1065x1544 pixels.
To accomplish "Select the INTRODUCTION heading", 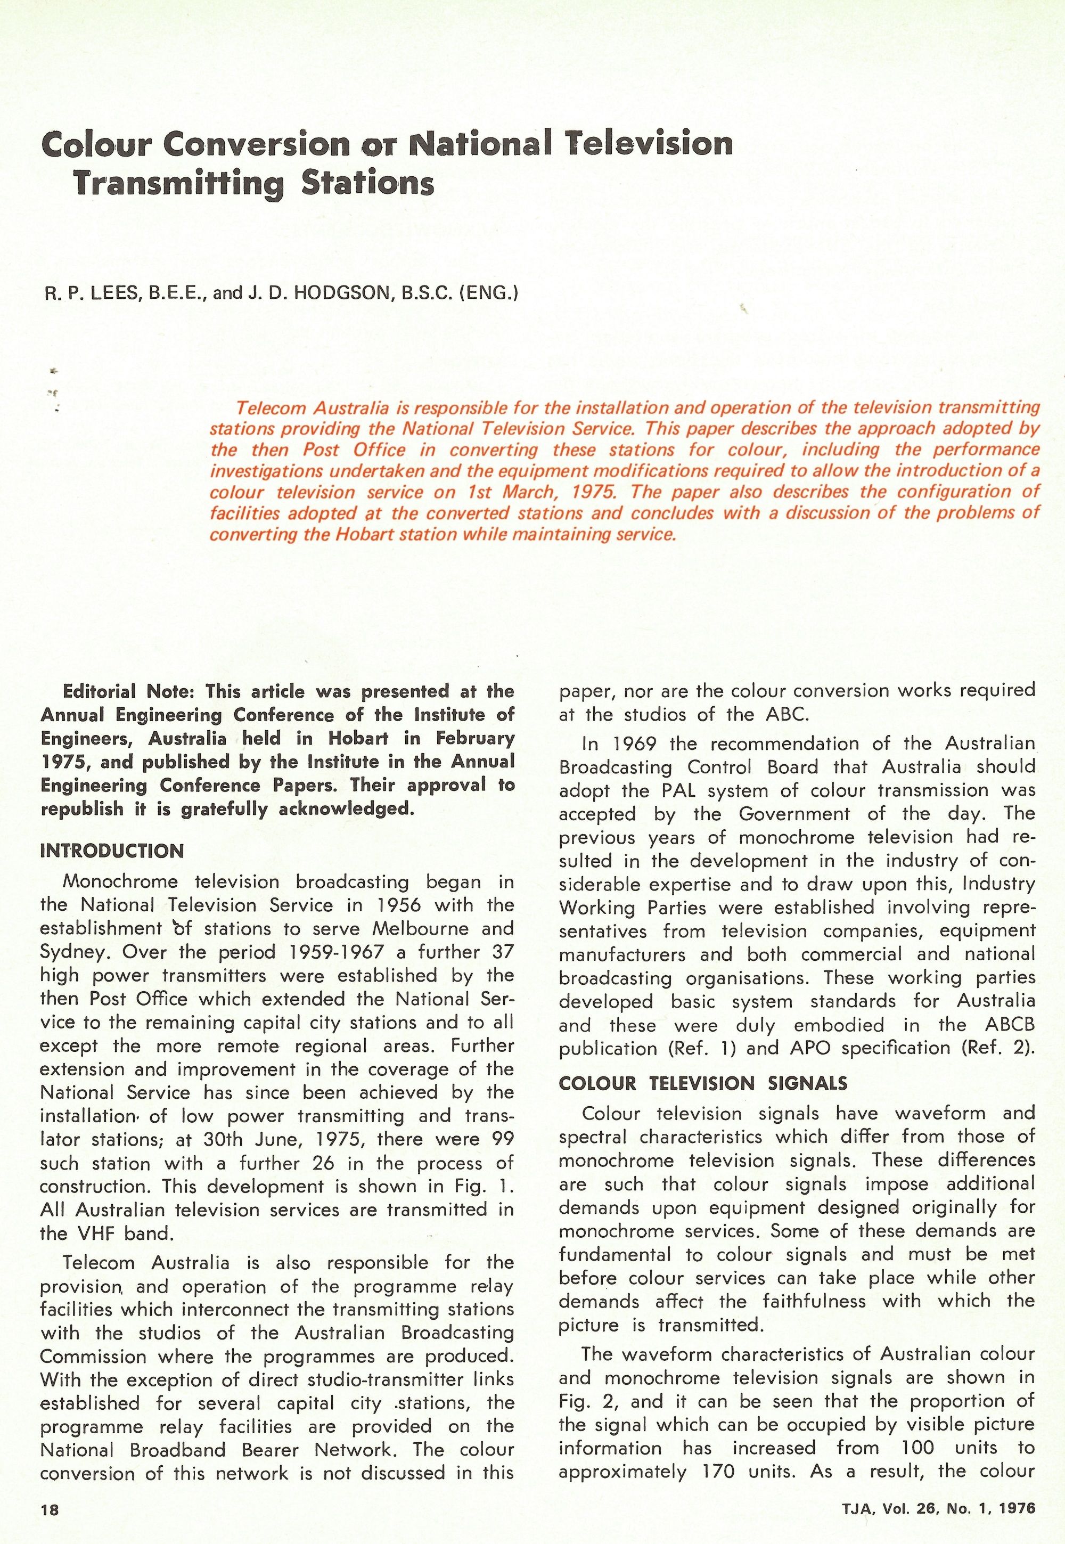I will (112, 852).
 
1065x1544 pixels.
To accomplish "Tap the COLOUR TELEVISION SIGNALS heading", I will (703, 1084).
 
